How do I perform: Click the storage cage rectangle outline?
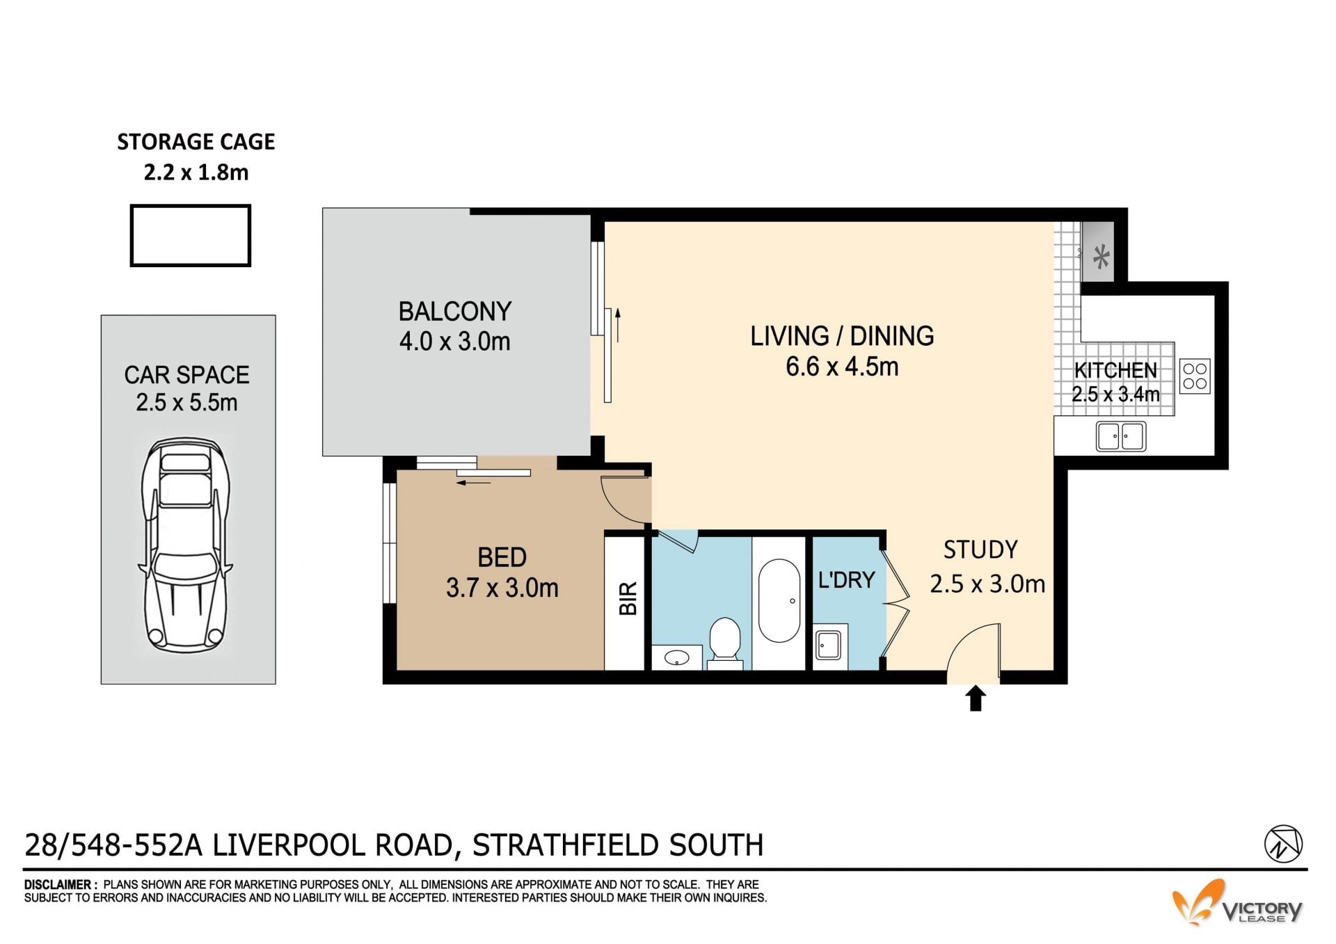[190, 206]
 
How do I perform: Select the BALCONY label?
[455, 311]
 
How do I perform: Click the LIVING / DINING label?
[842, 336]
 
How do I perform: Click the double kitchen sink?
[1120, 436]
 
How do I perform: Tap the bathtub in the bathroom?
[779, 600]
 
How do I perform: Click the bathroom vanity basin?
[676, 657]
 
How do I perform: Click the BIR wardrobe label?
[628, 599]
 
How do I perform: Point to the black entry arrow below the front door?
[976, 698]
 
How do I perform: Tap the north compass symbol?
[1283, 844]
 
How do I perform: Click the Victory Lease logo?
[1237, 904]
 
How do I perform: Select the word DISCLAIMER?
[58, 885]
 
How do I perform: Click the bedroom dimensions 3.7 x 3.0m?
[502, 588]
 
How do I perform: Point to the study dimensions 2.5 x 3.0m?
[987, 584]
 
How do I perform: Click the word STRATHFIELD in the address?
[566, 845]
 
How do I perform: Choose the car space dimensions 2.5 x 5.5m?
[186, 402]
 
